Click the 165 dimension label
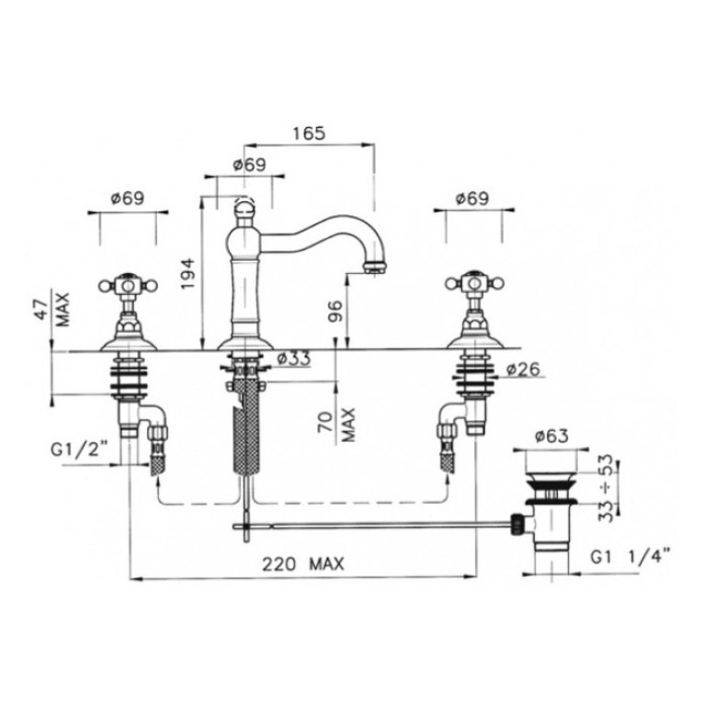click(x=309, y=133)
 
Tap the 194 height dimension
click(x=188, y=273)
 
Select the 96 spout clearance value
click(x=336, y=311)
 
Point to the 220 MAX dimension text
click(x=303, y=563)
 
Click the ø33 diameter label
click(x=293, y=358)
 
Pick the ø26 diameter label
click(x=523, y=370)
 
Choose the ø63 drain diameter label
click(x=551, y=436)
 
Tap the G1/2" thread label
click(x=79, y=449)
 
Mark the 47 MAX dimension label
click(x=52, y=311)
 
